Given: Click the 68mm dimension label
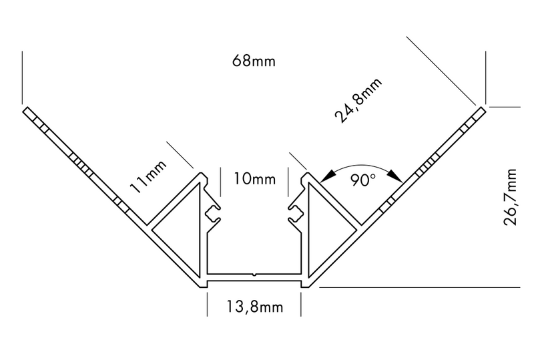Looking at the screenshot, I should pyautogui.click(x=254, y=61).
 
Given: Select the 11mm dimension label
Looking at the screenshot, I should pyautogui.click(x=147, y=179).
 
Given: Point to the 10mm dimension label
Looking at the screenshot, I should pyautogui.click(x=254, y=179).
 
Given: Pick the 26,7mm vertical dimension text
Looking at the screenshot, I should pyautogui.click(x=512, y=198).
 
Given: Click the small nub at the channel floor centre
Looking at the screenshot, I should pyautogui.click(x=254, y=273).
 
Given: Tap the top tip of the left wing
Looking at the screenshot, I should pyautogui.click(x=27, y=108).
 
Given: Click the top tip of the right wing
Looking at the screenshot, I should pyautogui.click(x=481, y=108).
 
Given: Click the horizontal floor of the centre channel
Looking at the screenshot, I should pyautogui.click(x=254, y=277).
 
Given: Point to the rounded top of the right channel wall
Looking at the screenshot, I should pyautogui.click(x=305, y=178).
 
